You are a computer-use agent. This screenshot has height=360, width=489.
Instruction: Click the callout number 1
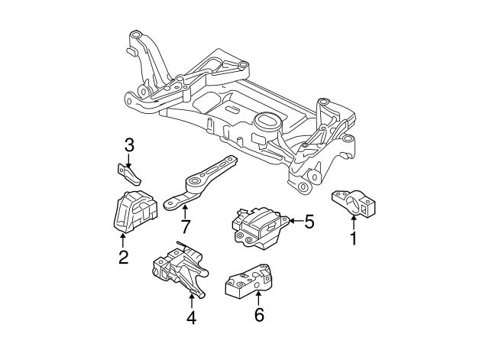[353, 239]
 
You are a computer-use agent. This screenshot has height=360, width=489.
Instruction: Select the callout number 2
[123, 258]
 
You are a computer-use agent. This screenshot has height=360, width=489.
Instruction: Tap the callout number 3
[128, 144]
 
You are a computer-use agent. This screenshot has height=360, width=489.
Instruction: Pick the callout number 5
[309, 222]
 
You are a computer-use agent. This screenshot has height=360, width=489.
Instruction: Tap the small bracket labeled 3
[131, 174]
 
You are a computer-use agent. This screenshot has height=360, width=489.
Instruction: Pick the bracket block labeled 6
[249, 281]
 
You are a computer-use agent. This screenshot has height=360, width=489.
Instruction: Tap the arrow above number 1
[354, 222]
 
